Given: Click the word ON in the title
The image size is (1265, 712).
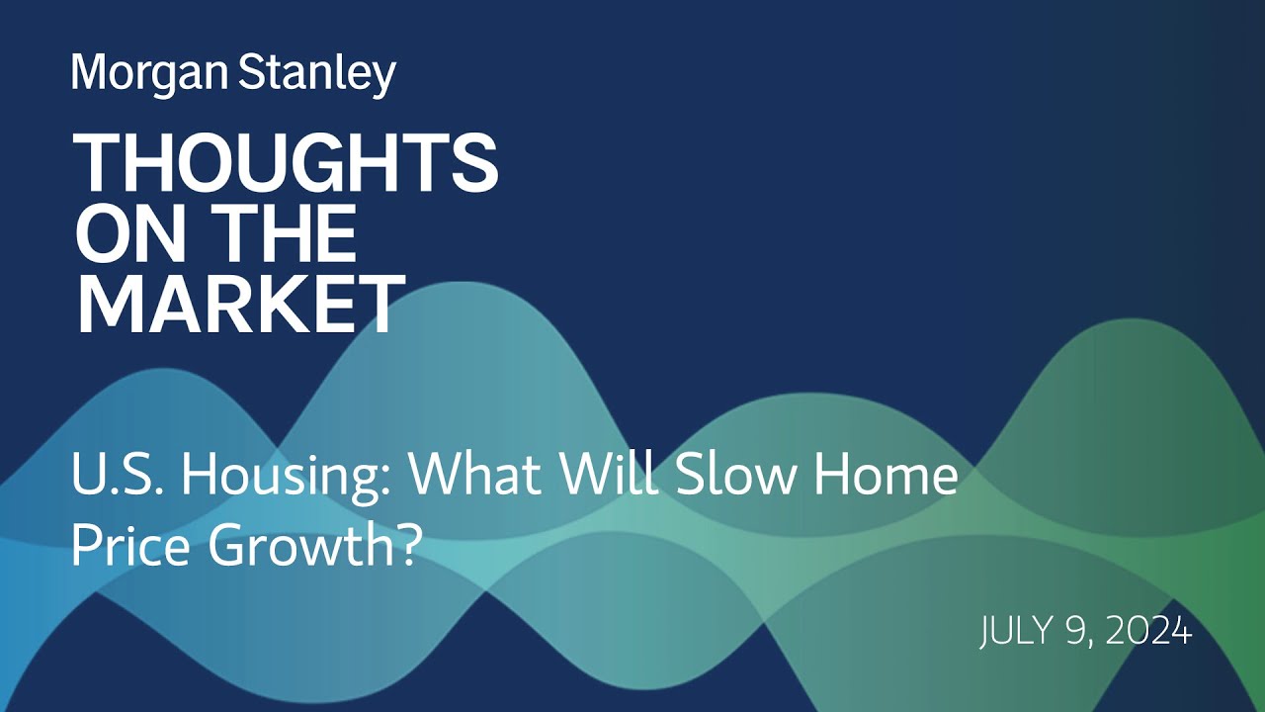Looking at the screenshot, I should pos(126,234).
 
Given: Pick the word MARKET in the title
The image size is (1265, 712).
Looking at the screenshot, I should pos(240,305).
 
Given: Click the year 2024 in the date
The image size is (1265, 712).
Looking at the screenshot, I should pos(1149,630).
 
